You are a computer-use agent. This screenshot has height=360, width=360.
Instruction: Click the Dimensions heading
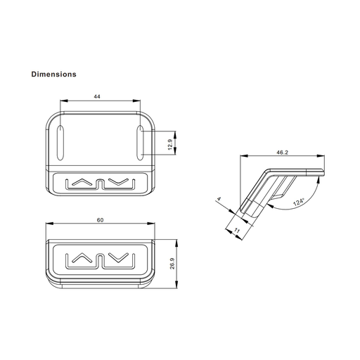pos(54,75)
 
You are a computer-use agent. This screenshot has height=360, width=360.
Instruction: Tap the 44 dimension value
pos(97,96)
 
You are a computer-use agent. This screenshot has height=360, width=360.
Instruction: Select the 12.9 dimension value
pos(170,145)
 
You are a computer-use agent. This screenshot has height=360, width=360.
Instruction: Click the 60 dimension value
pos(100,220)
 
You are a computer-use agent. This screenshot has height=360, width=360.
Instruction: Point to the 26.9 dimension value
pos(172,264)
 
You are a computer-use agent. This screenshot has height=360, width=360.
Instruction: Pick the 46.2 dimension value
pos(282,153)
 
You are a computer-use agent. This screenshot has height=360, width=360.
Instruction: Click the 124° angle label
pos(298,202)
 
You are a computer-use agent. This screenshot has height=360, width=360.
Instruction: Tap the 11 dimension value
pos(237,231)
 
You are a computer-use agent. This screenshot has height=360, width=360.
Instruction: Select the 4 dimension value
pos(219,199)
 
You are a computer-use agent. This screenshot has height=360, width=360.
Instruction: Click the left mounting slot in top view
pos(60,143)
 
